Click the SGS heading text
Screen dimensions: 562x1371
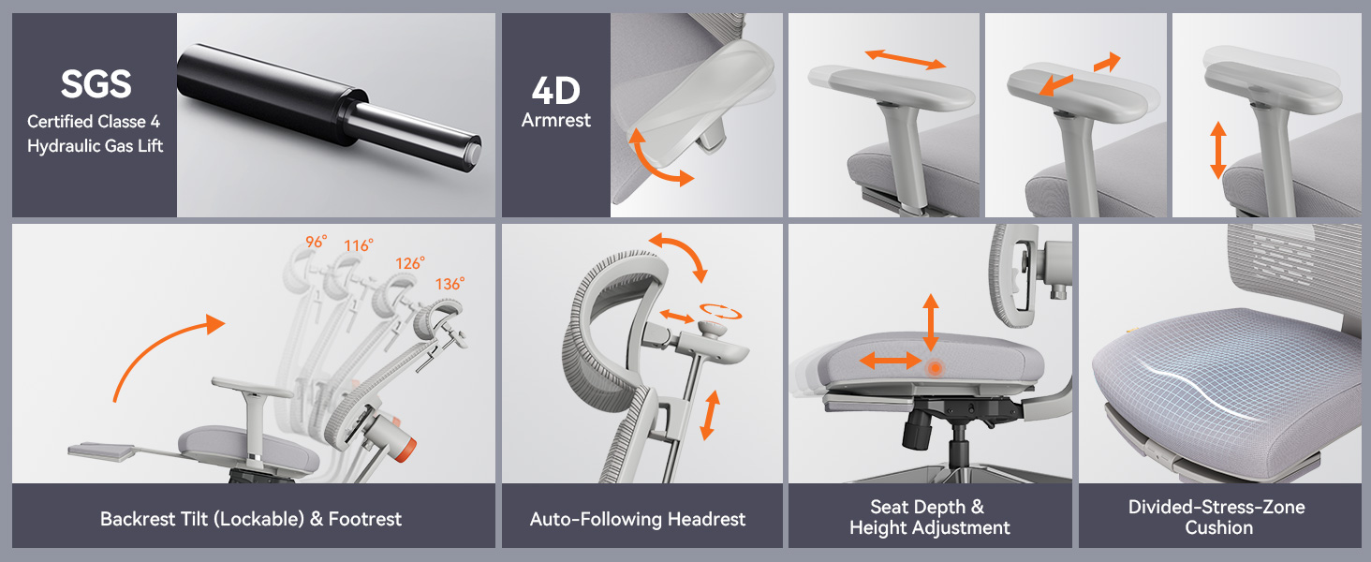(95, 84)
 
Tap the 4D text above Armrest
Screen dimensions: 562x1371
(555, 91)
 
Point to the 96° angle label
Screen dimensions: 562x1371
(316, 242)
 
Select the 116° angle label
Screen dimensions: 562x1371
(358, 245)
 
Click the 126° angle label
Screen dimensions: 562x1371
(408, 263)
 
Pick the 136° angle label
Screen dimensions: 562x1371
(450, 283)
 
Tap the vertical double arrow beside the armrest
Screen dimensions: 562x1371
(1217, 150)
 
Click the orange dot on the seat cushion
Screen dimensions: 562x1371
(934, 368)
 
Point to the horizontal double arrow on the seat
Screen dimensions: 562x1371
(890, 360)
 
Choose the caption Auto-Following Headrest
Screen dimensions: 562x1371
(638, 519)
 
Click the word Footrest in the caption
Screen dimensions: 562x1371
(364, 519)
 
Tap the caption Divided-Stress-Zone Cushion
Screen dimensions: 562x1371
(1217, 517)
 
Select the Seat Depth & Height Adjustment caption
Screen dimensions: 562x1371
(929, 517)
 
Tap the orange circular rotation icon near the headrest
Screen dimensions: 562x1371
(719, 310)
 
